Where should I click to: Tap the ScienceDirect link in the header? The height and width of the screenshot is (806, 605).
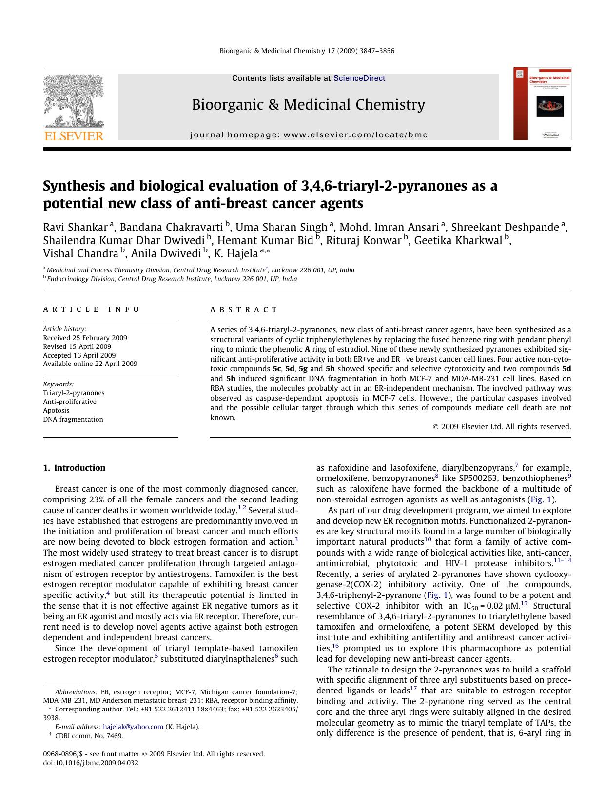coord(359,78)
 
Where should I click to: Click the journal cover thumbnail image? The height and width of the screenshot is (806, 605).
coord(542,104)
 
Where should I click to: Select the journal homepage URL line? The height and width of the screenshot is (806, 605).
coord(309,135)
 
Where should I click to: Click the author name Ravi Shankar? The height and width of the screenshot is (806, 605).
coord(75,228)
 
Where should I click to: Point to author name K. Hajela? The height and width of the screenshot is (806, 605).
coord(235,253)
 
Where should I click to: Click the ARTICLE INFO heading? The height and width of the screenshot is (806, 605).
coord(92,309)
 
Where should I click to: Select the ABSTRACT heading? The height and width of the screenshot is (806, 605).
coord(244,310)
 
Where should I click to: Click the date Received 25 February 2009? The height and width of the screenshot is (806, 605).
coord(85,338)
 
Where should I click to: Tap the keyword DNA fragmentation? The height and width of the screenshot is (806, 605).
coord(73,419)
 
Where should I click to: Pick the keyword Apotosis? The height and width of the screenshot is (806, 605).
coord(56,410)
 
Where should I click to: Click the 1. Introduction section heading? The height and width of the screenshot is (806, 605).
coord(74,468)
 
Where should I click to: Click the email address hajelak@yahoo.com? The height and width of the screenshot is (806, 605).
coord(133,727)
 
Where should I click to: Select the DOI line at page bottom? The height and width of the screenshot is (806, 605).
coord(91,763)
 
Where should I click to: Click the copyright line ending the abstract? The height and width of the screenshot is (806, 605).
coord(502,427)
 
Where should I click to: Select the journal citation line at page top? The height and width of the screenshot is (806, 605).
coord(307,51)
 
